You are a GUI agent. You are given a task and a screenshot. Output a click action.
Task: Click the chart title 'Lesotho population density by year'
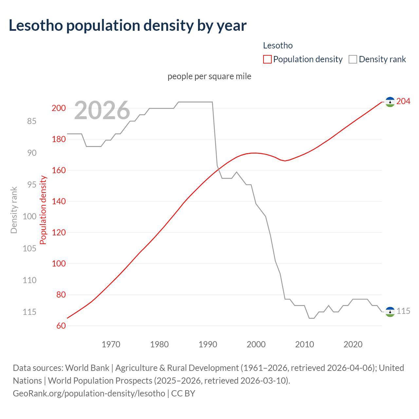127,26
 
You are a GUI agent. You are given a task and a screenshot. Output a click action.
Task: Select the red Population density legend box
267,59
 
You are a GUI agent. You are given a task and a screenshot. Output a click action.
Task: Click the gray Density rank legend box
353,59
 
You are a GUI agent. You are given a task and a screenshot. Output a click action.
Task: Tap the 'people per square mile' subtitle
209,76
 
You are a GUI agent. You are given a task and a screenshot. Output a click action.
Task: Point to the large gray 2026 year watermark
102,110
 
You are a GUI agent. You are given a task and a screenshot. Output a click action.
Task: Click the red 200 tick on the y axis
59,108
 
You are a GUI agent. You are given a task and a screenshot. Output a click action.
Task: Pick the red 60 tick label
61,326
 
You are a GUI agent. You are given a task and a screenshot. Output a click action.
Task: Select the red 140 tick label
59,201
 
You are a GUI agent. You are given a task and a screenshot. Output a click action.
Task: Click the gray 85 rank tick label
32,121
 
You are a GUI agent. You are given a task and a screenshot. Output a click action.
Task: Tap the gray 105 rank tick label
29,248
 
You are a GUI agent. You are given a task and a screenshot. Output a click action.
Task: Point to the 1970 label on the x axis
111,344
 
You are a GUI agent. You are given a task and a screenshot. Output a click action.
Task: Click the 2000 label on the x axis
256,344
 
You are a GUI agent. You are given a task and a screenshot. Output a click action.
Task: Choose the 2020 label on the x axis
353,344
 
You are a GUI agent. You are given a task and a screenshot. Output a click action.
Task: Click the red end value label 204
403,101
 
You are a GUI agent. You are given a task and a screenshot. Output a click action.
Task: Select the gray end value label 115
403,311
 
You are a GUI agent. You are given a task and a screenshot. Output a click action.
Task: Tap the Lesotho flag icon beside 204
390,102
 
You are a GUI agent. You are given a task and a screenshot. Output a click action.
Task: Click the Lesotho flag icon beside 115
390,312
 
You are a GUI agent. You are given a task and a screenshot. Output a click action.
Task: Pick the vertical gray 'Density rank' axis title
14,210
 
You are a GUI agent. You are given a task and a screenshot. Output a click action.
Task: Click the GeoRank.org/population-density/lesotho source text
89,393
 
